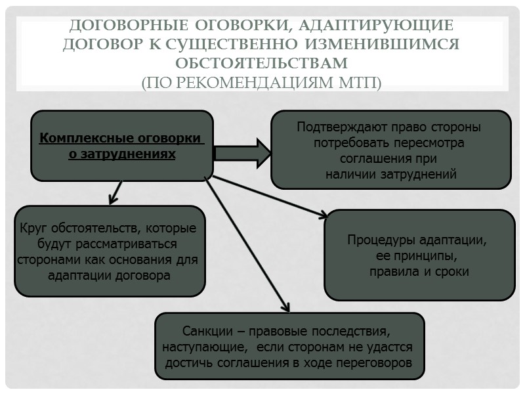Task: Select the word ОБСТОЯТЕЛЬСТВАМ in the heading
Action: pyautogui.click(x=262, y=64)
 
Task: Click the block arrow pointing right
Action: pyautogui.click(x=241, y=153)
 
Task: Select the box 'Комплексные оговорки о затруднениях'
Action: pyautogui.click(x=122, y=145)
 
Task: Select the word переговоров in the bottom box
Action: pyautogui.click(x=377, y=362)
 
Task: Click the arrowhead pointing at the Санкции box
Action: pyautogui.click(x=285, y=307)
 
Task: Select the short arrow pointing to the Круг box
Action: pyautogui.click(x=115, y=192)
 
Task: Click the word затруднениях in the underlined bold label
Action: pyautogui.click(x=134, y=154)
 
